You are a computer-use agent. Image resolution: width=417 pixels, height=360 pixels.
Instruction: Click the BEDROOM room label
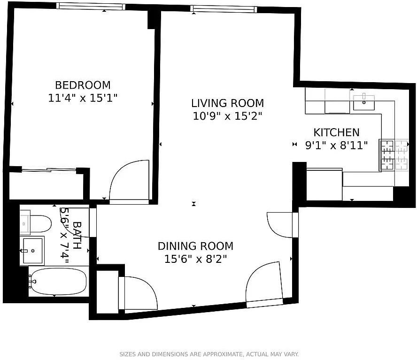coord(83,85)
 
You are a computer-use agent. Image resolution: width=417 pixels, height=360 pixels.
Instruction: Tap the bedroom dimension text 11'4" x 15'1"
coord(83,98)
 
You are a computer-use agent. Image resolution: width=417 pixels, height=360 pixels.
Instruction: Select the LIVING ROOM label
coord(227,103)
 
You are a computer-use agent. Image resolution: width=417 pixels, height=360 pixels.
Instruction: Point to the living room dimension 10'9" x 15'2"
coord(227,116)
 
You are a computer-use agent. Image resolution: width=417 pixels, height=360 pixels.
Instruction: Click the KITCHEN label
coord(336,132)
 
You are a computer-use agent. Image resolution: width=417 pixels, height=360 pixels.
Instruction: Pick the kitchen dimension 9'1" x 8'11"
coord(336,145)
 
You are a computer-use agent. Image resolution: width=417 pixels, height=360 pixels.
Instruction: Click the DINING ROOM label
coord(195,246)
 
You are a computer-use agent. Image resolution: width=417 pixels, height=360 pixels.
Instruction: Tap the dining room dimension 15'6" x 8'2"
coord(195,259)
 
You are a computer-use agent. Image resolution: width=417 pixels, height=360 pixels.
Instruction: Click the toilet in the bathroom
coord(38,224)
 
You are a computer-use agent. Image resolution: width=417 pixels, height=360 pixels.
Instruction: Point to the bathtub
coord(57,282)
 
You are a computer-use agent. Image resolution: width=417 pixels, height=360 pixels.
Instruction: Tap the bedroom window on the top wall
coord(91,6)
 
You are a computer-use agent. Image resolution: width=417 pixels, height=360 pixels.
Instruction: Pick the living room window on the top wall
coord(224,9)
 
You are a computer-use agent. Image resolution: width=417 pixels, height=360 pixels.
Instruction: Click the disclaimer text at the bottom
coord(209,354)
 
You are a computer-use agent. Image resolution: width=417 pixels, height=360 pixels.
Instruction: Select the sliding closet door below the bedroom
coord(49,170)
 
